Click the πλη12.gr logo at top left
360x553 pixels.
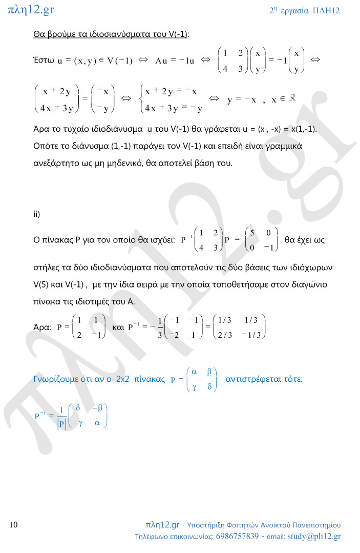pos(31,10)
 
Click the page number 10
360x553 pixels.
pos(14,525)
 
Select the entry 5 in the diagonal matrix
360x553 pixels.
pos(252,233)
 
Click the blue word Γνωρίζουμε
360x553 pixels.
pos(57,379)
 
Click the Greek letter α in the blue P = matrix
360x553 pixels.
pos(194,371)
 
